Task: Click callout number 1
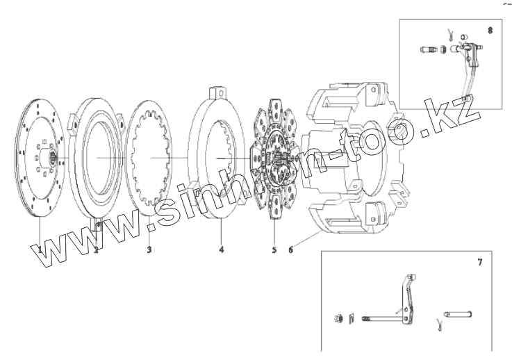[x=40, y=250]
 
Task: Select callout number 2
[x=96, y=250]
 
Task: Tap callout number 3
[x=149, y=250]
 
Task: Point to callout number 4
[x=222, y=250]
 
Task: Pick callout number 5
[x=274, y=250]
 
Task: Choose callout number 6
[x=290, y=250]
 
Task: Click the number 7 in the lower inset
[x=479, y=262]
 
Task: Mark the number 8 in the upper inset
[x=490, y=31]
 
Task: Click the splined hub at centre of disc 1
[x=53, y=158]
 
